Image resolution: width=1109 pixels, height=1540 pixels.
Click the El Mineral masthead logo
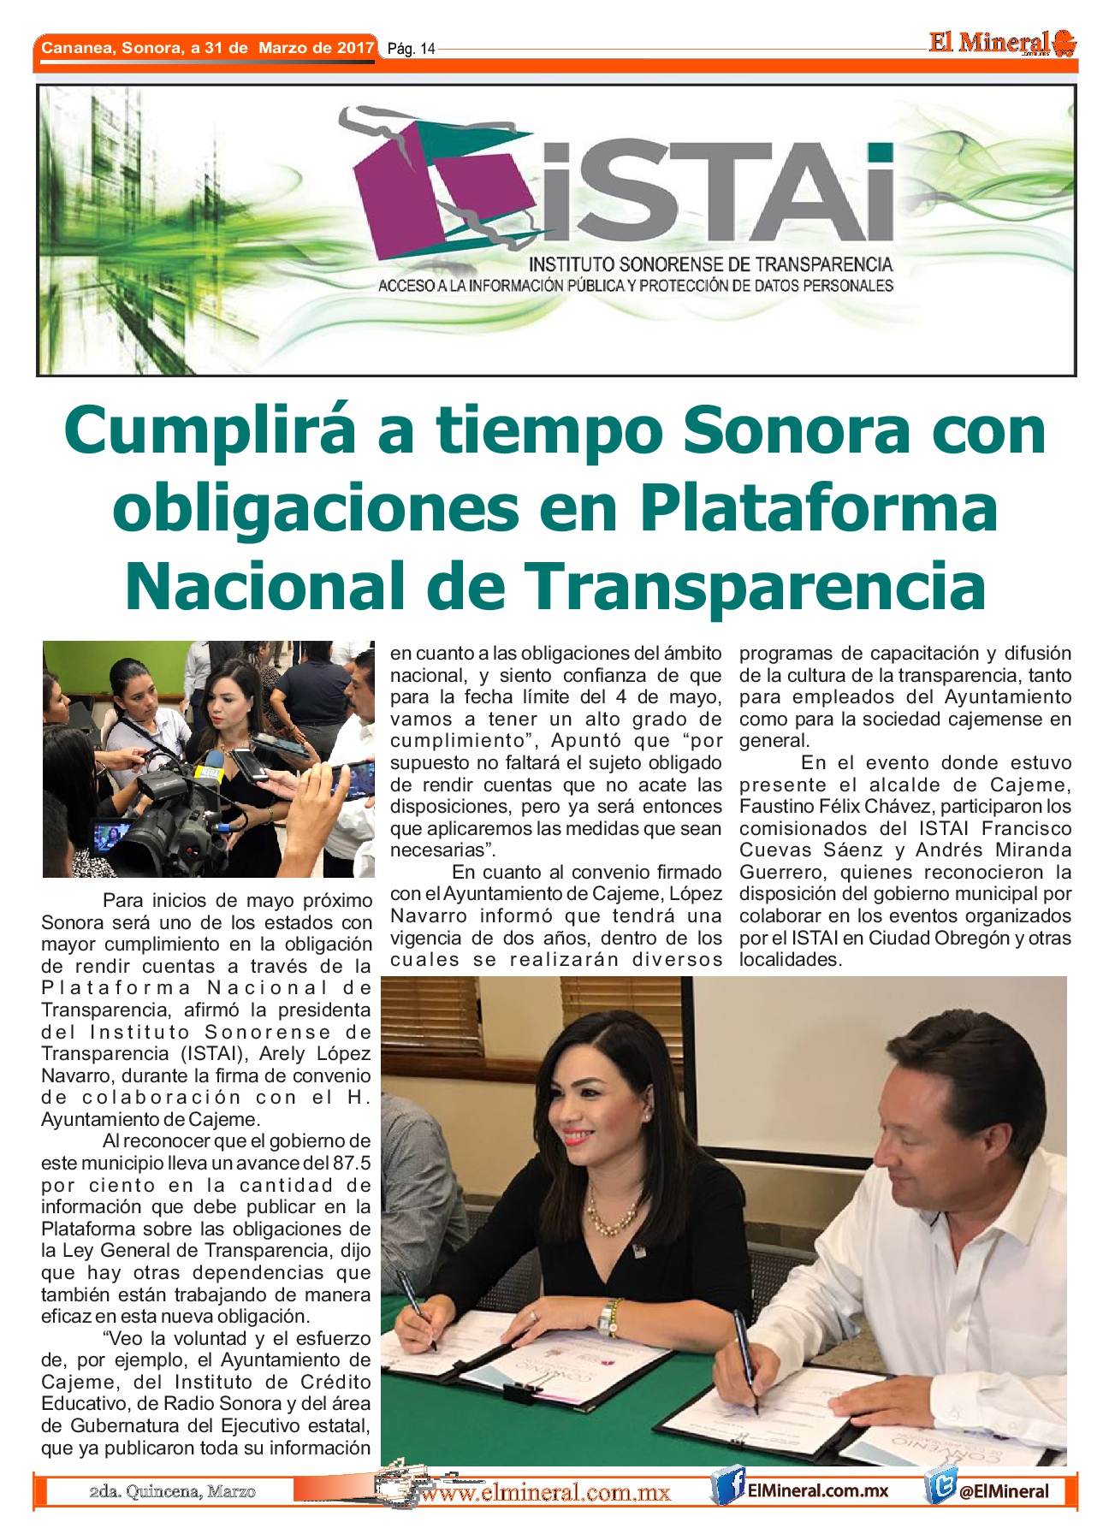(1001, 43)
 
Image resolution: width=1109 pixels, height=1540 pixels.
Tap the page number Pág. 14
(411, 49)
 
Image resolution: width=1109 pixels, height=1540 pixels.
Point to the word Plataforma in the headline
(819, 508)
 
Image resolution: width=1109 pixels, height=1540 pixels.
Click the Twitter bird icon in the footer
(940, 1490)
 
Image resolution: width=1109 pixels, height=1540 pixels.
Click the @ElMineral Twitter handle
(1003, 1491)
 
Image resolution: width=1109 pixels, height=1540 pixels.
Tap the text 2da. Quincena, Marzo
(172, 1492)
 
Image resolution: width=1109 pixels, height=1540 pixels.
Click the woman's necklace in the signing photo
(610, 1219)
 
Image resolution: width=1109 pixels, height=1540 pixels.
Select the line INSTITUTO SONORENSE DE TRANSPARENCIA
(710, 265)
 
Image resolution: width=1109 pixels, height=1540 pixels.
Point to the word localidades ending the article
(790, 960)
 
